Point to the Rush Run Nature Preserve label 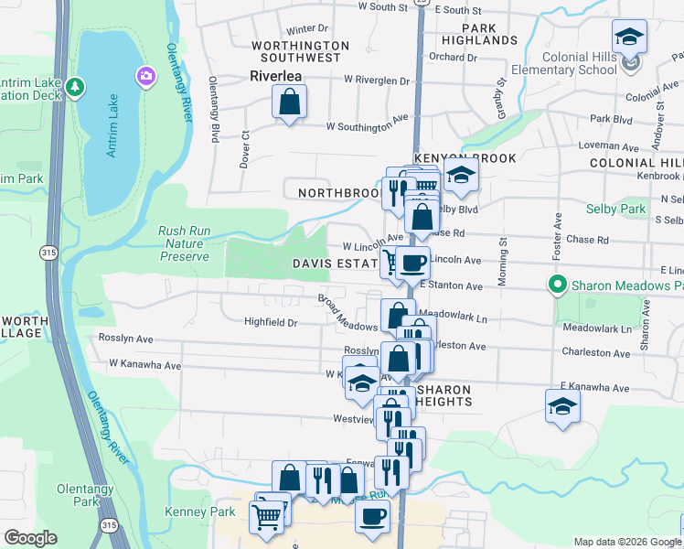click(185, 244)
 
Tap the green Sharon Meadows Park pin click(555, 285)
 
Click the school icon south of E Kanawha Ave click(562, 406)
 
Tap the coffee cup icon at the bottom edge click(372, 516)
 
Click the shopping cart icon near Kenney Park click(266, 516)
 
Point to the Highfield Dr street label click(271, 322)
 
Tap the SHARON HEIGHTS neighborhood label click(444, 395)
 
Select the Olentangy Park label click(84, 495)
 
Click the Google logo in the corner click(30, 538)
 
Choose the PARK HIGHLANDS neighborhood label click(479, 34)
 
